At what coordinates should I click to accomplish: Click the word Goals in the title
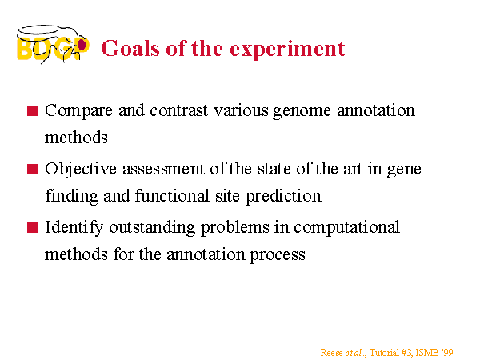tap(130, 48)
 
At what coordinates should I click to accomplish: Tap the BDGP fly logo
tap(53, 44)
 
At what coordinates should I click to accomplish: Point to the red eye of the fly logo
tap(82, 45)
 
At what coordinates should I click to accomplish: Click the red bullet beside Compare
tap(33, 111)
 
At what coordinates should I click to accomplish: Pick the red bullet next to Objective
tap(33, 169)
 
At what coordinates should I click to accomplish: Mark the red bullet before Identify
tap(33, 227)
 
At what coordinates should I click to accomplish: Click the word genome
tap(302, 112)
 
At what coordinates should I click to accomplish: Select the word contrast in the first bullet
tap(178, 110)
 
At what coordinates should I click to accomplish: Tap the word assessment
tap(164, 170)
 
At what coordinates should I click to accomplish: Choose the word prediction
tap(283, 197)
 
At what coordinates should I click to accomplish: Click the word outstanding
tap(152, 228)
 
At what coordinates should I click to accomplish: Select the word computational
tap(346, 228)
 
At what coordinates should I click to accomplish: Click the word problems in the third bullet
tap(235, 228)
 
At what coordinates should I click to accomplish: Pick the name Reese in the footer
tap(331, 353)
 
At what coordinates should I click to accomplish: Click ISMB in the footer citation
tap(427, 353)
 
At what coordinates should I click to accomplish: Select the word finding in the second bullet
tap(72, 197)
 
